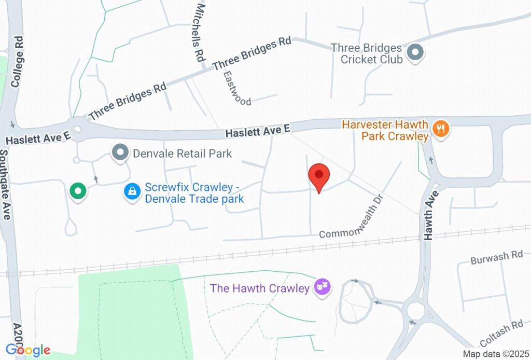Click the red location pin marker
click(319, 176)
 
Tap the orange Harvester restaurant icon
click(441, 128)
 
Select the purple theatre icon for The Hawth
click(323, 287)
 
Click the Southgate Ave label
click(5, 184)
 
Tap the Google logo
click(28, 350)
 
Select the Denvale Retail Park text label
click(183, 154)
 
